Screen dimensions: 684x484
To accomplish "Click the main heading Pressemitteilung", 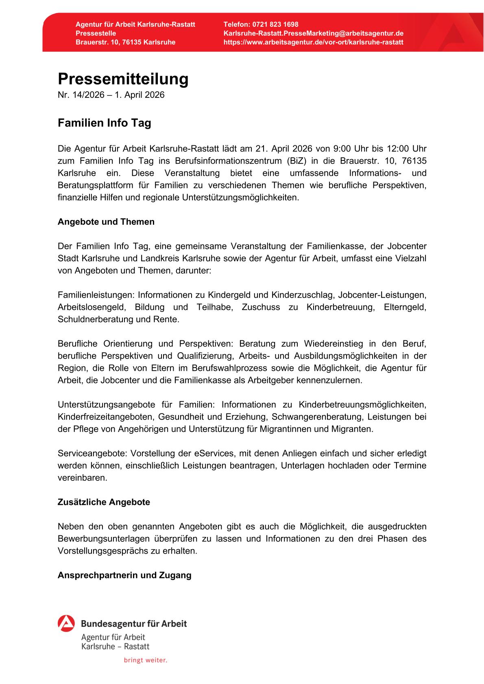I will coord(123,79).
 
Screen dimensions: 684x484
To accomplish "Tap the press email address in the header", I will coord(313,33).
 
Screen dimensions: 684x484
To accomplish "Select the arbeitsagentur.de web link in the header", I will coord(313,42).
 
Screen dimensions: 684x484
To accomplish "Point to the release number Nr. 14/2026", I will coord(81,95).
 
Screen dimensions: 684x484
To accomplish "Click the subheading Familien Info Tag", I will coord(104,123).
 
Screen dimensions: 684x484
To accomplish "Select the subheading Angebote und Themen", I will coord(106,222).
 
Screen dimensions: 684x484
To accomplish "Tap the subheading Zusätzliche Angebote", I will coord(104,502).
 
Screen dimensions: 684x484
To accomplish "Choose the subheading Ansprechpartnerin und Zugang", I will coord(124,575).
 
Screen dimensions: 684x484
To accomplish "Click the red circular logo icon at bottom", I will coord(66,623).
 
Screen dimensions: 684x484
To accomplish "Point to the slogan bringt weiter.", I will coord(145,660).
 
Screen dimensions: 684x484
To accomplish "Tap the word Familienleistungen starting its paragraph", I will coord(96,295).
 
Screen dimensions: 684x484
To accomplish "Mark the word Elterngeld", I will coord(405,307).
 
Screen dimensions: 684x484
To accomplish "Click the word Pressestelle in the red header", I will coord(96,33).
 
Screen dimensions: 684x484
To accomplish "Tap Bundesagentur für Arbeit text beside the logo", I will coord(134,623).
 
